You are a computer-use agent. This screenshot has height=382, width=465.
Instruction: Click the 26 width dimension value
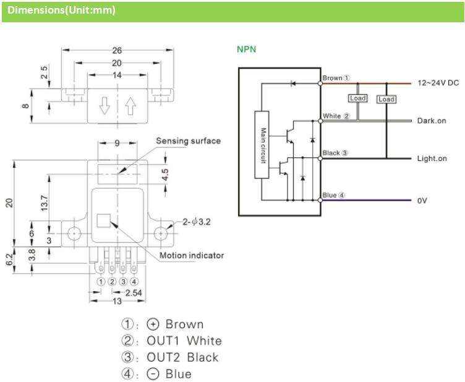(x=117, y=50)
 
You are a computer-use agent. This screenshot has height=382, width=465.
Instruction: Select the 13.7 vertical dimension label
(x=44, y=203)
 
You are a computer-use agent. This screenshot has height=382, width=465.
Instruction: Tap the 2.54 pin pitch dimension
(x=134, y=293)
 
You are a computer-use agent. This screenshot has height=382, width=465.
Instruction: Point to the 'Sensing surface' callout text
(x=189, y=141)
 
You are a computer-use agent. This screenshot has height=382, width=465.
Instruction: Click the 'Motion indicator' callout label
(x=192, y=255)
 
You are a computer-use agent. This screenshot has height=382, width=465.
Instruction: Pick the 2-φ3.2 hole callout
(x=196, y=222)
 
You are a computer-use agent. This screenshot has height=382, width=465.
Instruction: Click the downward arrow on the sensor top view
(x=104, y=106)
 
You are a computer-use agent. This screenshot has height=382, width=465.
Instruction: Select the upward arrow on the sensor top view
(x=130, y=106)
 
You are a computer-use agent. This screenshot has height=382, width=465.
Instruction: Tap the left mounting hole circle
(x=74, y=233)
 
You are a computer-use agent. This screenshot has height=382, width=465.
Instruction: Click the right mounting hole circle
(x=161, y=233)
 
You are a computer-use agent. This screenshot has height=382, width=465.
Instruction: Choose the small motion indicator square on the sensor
(x=103, y=220)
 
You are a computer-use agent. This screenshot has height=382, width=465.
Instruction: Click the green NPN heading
(x=247, y=50)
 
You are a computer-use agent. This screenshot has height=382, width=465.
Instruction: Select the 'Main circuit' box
(x=262, y=145)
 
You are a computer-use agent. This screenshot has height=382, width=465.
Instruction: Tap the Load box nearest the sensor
(x=357, y=98)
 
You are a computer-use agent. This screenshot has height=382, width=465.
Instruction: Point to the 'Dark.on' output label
(x=432, y=121)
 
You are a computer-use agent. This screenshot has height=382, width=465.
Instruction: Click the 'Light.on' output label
(x=432, y=158)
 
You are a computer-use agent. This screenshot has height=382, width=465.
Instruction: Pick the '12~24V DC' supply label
(x=438, y=83)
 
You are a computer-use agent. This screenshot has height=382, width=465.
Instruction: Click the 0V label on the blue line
(x=422, y=201)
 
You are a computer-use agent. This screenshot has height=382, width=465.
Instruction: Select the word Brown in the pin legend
(x=184, y=324)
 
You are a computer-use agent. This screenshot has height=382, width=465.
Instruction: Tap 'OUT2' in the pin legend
(x=163, y=357)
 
